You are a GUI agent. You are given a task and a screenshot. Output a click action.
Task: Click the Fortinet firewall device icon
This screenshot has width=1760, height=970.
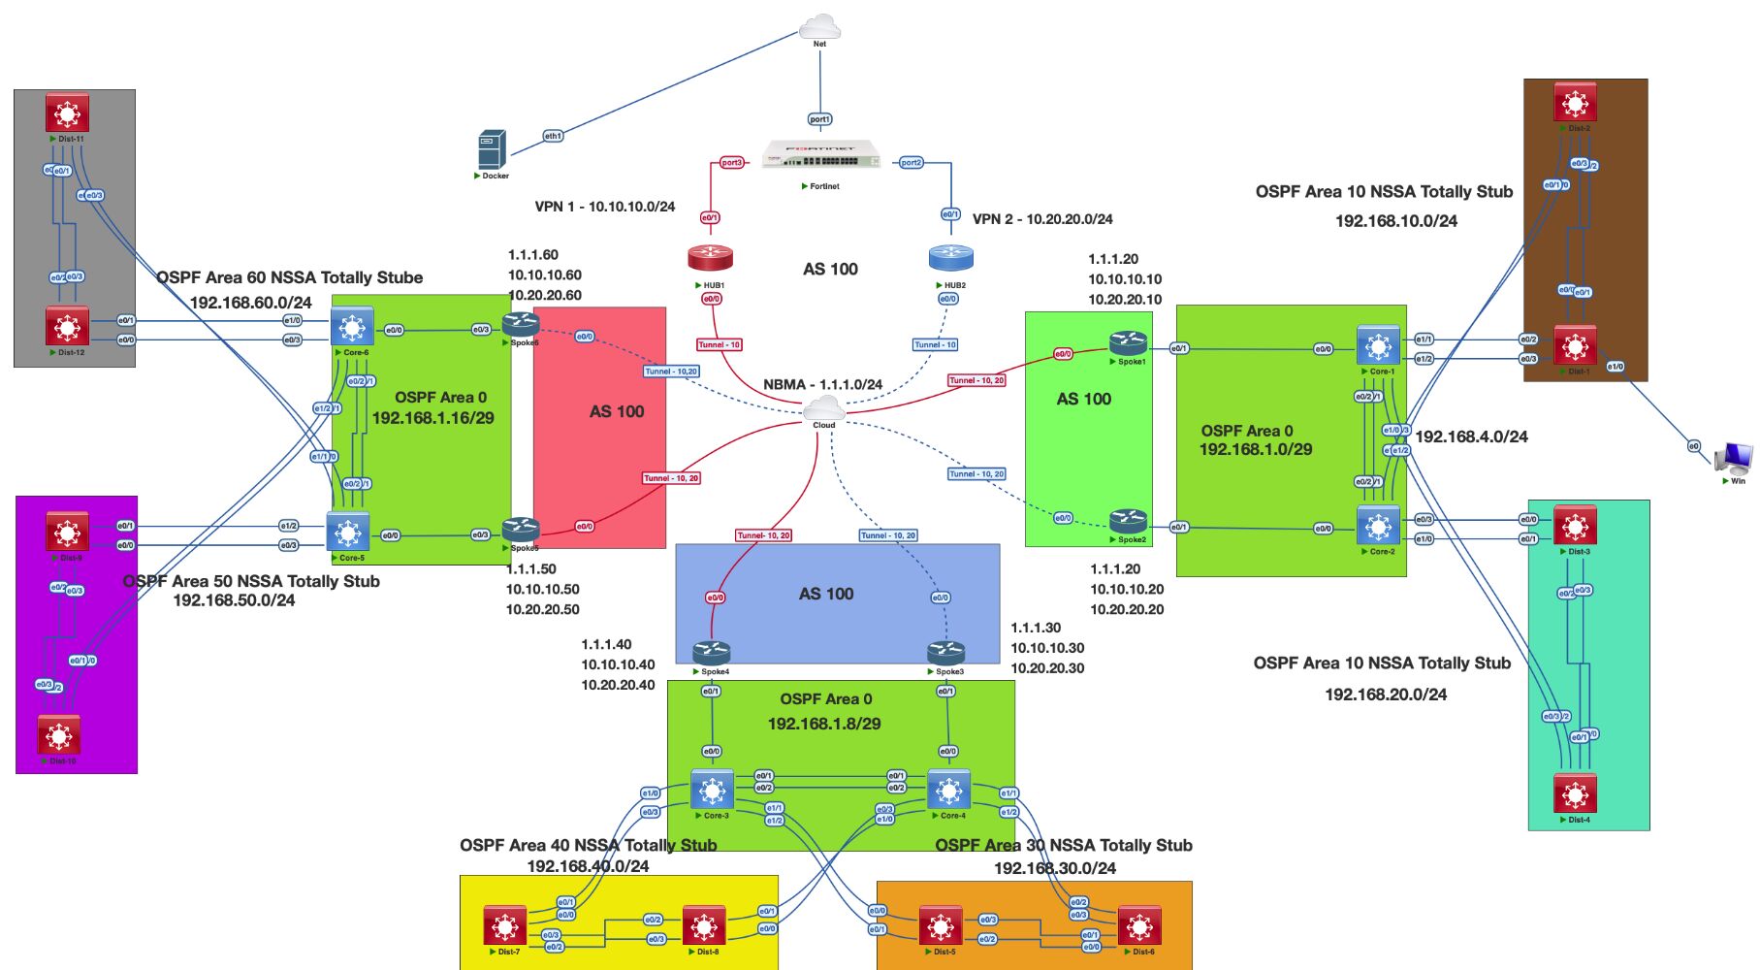pos(820,155)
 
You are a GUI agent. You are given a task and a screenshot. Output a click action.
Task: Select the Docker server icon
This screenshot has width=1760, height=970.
pos(492,150)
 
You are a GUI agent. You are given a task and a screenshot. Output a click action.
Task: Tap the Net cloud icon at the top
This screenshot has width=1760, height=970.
pos(820,26)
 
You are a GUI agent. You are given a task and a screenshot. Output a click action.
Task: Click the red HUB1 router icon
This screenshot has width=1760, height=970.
pos(710,258)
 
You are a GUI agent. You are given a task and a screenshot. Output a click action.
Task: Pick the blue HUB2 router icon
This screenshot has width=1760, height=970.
pos(950,258)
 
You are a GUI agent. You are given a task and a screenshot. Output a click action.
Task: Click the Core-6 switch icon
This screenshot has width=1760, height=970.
pos(352,328)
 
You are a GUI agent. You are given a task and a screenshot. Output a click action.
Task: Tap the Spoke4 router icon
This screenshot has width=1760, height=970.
pos(711,653)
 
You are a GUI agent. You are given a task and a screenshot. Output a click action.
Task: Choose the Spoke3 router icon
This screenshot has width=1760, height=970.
pos(945,653)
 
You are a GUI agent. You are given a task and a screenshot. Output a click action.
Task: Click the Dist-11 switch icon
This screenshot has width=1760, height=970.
pos(67,113)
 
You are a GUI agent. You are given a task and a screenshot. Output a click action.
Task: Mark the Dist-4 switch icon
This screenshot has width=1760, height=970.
pos(1575,793)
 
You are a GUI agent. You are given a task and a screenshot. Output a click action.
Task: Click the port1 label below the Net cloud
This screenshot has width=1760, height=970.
pos(819,119)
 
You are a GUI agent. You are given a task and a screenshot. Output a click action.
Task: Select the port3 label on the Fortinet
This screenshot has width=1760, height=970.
pos(731,163)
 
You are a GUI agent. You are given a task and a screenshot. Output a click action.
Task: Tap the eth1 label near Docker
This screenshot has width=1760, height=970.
pos(553,136)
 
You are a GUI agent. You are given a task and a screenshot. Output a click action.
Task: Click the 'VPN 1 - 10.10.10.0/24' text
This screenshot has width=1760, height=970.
pos(605,207)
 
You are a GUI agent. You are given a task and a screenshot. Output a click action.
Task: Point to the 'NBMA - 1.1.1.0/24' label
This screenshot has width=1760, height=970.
pos(822,384)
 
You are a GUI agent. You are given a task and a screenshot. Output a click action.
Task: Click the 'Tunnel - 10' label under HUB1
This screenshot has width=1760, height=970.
pos(720,344)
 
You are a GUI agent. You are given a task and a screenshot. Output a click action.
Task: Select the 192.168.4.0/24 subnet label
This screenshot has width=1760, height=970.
pos(1471,436)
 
